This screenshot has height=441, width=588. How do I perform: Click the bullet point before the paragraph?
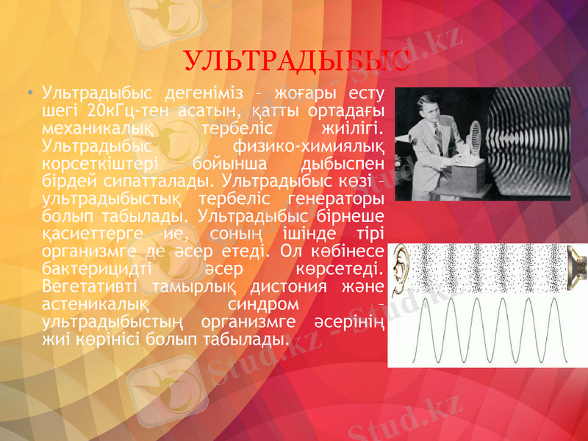(29, 95)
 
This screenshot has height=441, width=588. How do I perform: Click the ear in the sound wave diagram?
(401, 268)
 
